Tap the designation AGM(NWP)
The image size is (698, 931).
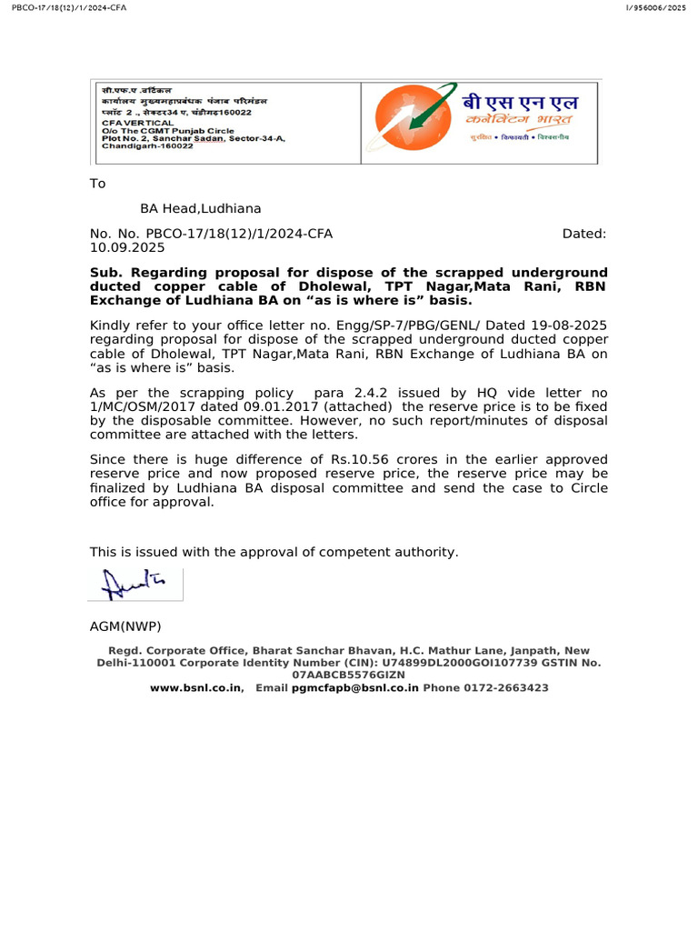click(125, 626)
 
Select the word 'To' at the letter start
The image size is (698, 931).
click(97, 184)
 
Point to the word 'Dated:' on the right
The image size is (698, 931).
click(584, 234)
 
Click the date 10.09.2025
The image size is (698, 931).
click(127, 247)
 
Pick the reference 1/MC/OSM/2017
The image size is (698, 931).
click(138, 407)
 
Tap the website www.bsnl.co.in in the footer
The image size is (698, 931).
click(195, 688)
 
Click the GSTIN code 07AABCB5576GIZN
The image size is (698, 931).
click(349, 676)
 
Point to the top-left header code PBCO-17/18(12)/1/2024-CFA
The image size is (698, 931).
click(65, 7)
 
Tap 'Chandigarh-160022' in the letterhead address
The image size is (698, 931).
click(147, 145)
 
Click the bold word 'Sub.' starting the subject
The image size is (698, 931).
click(105, 273)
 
